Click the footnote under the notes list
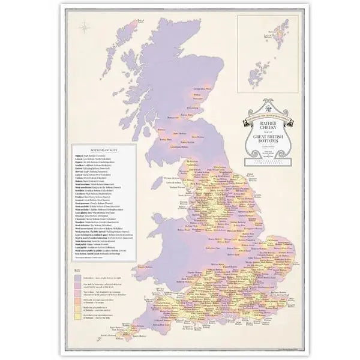tap(90, 259)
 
